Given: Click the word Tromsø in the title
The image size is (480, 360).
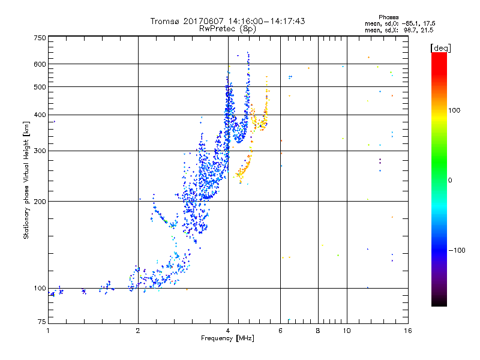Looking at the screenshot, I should click(164, 21).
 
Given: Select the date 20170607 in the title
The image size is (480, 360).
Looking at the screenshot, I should click(202, 21).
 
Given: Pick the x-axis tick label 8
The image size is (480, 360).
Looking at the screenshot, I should click(318, 331).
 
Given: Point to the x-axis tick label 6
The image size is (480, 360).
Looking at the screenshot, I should click(281, 331).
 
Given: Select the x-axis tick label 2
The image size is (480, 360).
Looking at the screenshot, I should click(138, 331).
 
